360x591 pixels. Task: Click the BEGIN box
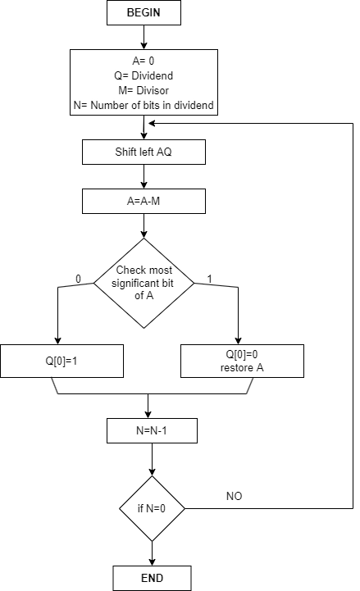click(144, 14)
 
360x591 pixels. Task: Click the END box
click(151, 577)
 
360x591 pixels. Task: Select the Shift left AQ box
click(144, 152)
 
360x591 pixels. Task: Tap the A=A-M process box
click(144, 201)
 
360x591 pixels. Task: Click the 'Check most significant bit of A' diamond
click(144, 282)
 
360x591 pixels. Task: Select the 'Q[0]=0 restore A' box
click(241, 360)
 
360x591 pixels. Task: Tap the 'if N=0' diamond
click(151, 509)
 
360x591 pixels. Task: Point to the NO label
click(234, 496)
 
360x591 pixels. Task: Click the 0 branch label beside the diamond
click(79, 280)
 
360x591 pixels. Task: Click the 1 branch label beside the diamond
click(209, 280)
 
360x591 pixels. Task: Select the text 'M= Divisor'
click(144, 91)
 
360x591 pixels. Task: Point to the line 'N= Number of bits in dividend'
click(144, 104)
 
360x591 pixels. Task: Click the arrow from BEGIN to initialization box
click(144, 37)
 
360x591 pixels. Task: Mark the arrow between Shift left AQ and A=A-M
click(144, 176)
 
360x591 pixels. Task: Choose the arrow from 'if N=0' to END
click(151, 553)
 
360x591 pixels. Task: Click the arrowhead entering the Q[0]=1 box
click(57, 339)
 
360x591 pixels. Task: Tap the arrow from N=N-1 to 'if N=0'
click(151, 460)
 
